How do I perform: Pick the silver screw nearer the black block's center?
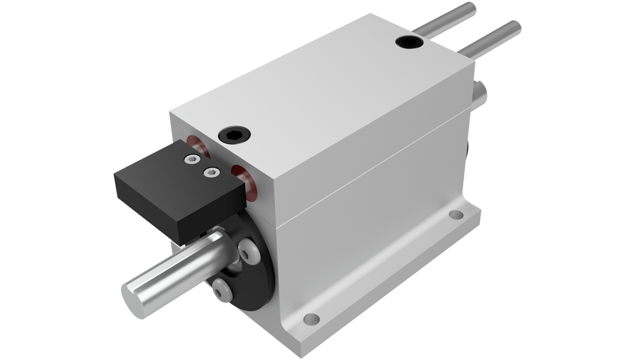pos(209,172)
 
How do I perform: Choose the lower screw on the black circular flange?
pos(222,291)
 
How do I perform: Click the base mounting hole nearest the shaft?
pos(311,319)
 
